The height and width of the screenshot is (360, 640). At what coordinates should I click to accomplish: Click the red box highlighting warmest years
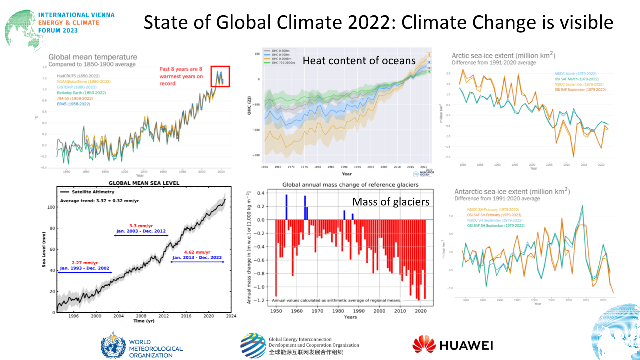point(220,76)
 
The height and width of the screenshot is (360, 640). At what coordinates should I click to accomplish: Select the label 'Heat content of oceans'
point(359,60)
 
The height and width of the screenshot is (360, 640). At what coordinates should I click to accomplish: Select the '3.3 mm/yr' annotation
point(141,226)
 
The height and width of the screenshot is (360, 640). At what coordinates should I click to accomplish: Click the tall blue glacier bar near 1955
point(286,207)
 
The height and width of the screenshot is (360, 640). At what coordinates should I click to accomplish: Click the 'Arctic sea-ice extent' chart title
point(503,55)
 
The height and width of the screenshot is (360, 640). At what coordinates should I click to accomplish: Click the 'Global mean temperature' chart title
point(93,57)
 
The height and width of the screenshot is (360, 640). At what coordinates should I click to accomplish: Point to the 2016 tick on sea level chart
point(186,316)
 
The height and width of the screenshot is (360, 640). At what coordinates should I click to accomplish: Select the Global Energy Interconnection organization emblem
point(253,345)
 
